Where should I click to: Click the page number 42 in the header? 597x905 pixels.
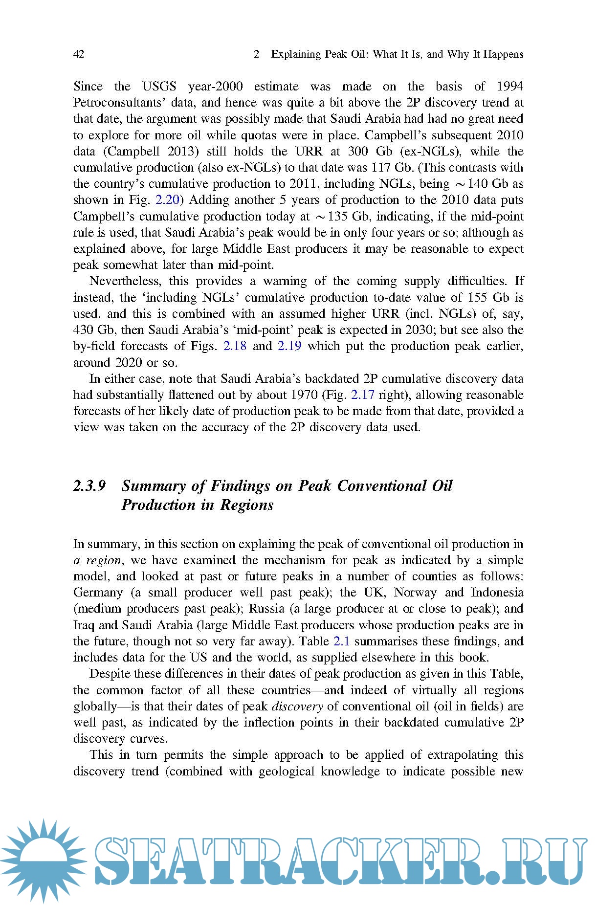click(79, 54)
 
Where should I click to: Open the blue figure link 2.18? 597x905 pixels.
click(235, 346)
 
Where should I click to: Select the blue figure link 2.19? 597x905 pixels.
click(289, 346)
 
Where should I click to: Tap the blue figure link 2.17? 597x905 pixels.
click(362, 395)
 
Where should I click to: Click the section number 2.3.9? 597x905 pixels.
click(89, 486)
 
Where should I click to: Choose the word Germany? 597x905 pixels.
click(98, 593)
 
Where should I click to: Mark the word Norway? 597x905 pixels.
click(415, 593)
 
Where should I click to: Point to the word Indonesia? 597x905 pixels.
click(497, 593)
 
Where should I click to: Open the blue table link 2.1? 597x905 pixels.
click(341, 641)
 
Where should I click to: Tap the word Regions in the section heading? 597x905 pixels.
click(246, 505)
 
